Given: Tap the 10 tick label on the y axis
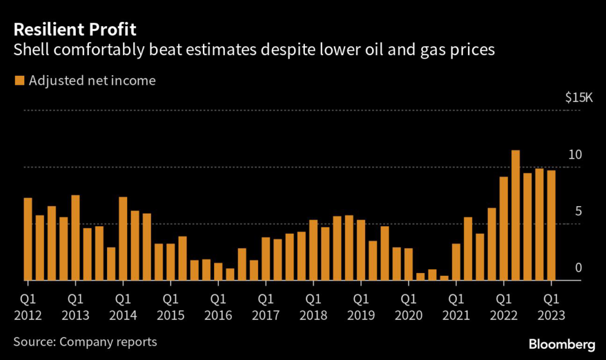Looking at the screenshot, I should tap(575, 155).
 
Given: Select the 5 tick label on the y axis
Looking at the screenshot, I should tap(578, 212).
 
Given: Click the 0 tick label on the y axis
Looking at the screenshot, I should tap(578, 268).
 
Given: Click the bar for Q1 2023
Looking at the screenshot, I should tap(551, 226).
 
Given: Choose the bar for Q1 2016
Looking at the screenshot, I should tap(218, 272).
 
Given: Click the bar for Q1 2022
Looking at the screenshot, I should tap(504, 229).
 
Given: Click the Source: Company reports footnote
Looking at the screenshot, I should tap(85, 342).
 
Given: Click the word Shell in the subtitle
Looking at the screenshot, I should tap(30, 50).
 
